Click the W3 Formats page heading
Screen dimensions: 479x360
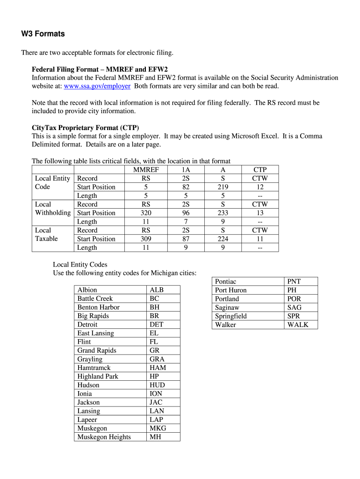pos(43,34)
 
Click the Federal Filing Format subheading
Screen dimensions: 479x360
pos(100,69)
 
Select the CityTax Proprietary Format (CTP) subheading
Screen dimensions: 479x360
pos(85,128)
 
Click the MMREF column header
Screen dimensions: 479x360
pos(145,170)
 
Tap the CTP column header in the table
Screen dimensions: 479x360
pos(260,170)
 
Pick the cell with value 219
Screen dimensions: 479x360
pos(223,187)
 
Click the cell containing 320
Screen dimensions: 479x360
pos(145,213)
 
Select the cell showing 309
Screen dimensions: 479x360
pos(145,239)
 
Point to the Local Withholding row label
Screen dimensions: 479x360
pos(53,209)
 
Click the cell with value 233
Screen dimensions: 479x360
pos(223,213)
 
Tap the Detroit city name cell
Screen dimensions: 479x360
pos(87,325)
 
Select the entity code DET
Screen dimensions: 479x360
pos(156,325)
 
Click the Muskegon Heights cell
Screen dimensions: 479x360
pos(104,437)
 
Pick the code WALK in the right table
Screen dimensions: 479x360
pos(298,325)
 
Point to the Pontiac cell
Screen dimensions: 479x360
pos(225,282)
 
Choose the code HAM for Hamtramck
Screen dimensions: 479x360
pos(158,368)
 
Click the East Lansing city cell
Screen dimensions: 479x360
pos(95,333)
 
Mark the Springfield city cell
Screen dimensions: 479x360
pos(230,316)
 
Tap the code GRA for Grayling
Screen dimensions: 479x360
pos(157,359)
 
